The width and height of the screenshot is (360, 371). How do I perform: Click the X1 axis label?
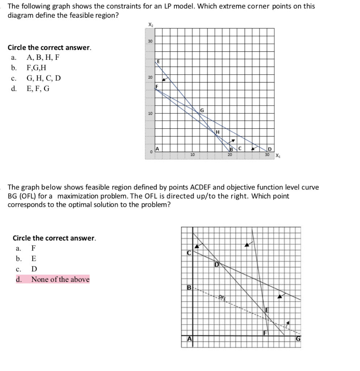click(277, 156)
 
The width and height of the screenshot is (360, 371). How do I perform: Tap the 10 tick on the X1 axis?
click(193, 155)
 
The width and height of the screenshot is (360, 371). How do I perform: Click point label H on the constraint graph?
click(218, 132)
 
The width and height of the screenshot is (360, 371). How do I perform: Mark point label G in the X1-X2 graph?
click(202, 109)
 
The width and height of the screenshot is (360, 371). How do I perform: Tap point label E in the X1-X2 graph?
click(158, 62)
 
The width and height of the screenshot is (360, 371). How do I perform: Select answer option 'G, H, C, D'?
click(44, 78)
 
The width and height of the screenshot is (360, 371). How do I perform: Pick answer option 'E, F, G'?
click(38, 88)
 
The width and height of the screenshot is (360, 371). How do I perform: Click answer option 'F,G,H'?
click(36, 68)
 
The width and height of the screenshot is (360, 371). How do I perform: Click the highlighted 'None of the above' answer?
click(60, 279)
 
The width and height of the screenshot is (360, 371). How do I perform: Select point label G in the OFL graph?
click(298, 339)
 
